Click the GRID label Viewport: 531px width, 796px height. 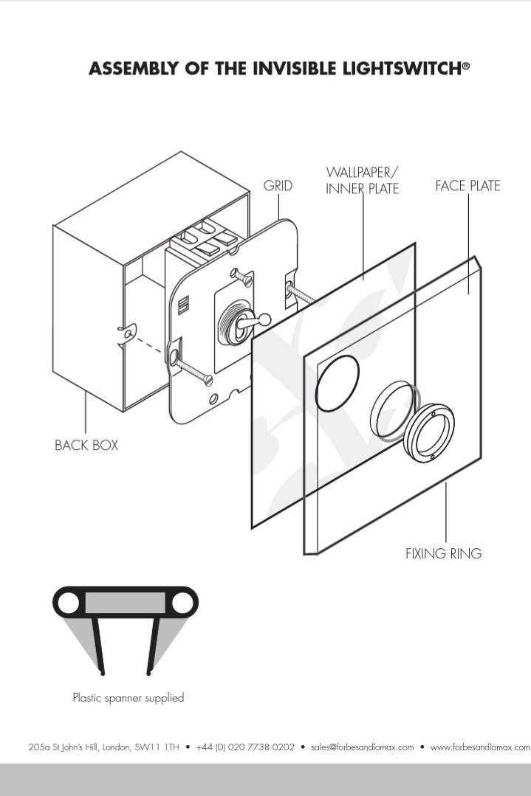pos(278,186)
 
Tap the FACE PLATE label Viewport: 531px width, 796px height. pos(467,186)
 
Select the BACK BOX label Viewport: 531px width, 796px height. pos(86,446)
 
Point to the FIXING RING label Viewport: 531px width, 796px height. pos(443,553)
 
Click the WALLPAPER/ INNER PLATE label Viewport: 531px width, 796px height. pos(362,181)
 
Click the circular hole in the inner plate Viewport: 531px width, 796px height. pos(338,381)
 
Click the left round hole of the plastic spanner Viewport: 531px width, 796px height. pos(69,603)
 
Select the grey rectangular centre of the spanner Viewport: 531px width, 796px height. pos(125,603)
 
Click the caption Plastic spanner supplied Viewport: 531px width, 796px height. pos(128,697)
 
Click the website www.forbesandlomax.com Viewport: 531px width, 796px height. pos(479,747)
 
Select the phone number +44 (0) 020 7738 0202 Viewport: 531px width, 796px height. pos(245,747)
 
